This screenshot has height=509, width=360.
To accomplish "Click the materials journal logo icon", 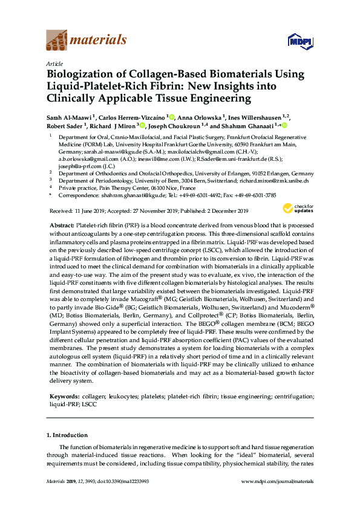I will coord(57,40).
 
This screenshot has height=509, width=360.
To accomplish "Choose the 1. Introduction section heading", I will coord(67,435).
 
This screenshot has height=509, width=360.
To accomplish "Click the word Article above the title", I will coord(53,63).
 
